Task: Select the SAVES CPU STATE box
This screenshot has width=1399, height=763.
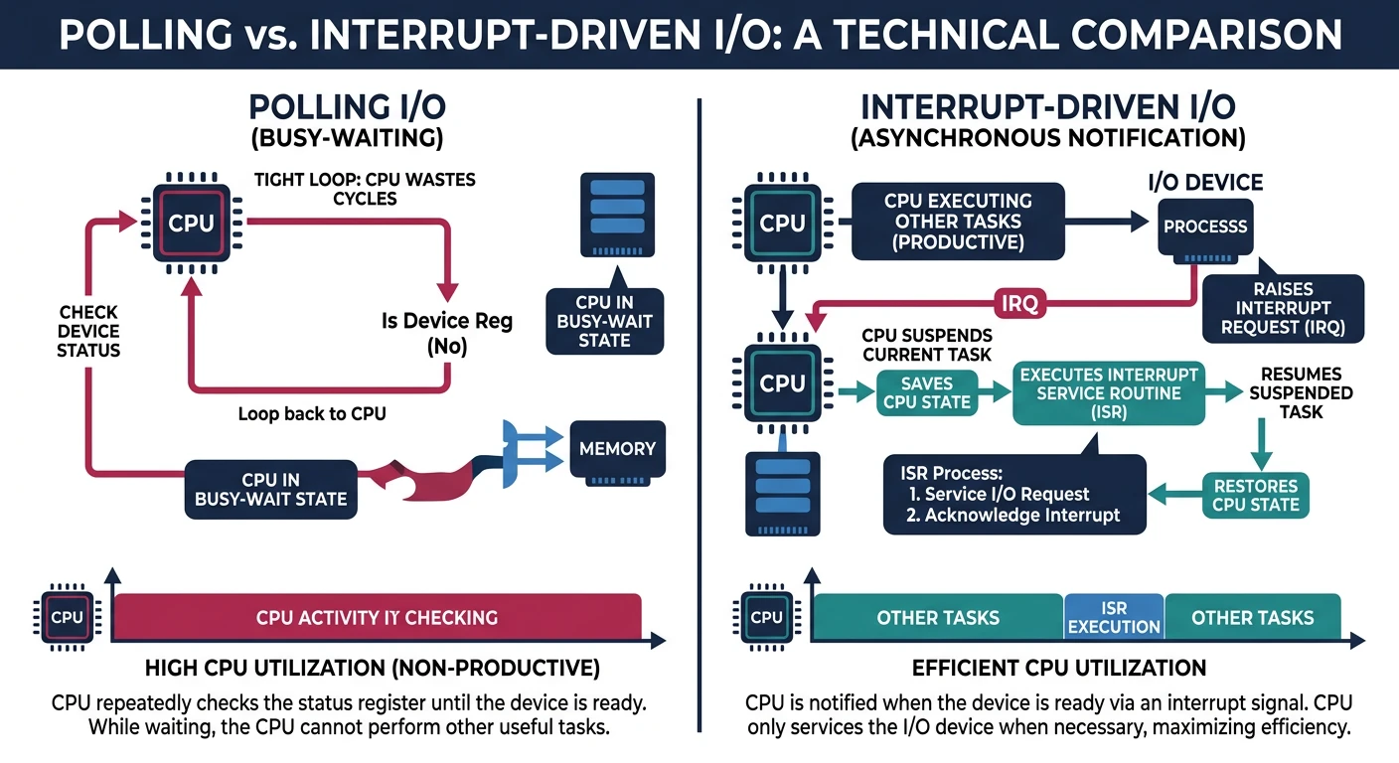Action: pos(926,393)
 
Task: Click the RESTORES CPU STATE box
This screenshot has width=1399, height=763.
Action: pos(1256,496)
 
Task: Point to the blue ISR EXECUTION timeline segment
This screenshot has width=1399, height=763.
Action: pos(1113,617)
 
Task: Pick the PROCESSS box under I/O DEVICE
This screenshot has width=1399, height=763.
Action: pos(1205,227)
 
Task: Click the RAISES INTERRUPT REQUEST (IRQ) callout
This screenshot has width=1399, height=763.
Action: pos(1284,307)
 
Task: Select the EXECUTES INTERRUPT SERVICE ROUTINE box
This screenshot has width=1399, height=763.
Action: pos(1108,392)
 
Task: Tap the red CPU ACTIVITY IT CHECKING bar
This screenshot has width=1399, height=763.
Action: pos(377,617)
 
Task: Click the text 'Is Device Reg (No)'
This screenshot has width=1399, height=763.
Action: pos(447,334)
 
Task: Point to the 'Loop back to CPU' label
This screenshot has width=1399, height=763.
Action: pos(312,413)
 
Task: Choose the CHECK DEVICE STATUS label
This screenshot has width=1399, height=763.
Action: pos(88,332)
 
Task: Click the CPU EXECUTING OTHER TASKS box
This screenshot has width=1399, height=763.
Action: pos(958,222)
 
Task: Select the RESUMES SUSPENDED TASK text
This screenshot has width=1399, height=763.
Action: pos(1301,392)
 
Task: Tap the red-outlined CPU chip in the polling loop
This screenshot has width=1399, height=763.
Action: pos(192,223)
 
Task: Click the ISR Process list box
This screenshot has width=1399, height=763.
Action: pos(1013,494)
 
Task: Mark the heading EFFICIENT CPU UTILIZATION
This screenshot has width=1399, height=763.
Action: pos(1059,668)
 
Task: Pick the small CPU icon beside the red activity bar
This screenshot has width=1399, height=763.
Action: pos(67,617)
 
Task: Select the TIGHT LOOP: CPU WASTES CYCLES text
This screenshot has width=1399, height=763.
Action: pos(365,189)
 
